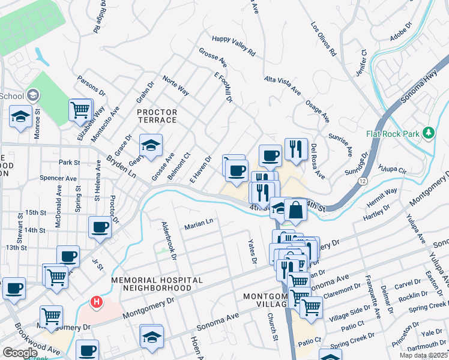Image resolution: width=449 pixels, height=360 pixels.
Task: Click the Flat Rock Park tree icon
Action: (429, 133)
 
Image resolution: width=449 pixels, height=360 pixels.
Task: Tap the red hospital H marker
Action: (94, 301)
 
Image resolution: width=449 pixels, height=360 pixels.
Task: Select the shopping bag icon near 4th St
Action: (296, 210)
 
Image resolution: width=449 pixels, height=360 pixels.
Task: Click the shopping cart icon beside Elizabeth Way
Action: (80, 110)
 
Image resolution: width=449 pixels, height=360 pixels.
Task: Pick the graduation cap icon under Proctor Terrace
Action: (151, 145)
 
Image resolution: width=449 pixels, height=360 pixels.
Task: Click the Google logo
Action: (20, 353)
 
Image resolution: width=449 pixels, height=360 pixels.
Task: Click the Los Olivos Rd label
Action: (324, 39)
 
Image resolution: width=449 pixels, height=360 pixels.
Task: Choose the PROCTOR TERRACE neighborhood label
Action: (157, 116)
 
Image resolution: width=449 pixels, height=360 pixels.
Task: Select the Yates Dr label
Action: (253, 253)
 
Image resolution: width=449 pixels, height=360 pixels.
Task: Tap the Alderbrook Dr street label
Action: (167, 240)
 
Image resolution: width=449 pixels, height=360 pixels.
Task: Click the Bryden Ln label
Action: (121, 166)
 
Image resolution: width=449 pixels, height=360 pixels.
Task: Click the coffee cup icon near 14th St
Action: (100, 227)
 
